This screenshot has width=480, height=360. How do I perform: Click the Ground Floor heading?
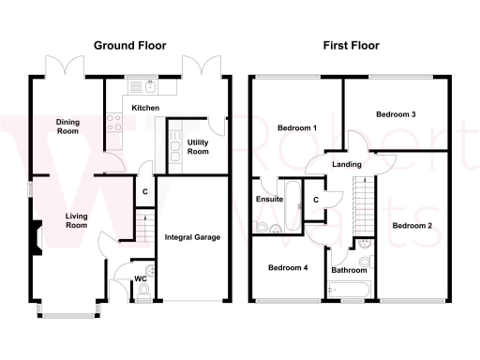coord(130,44)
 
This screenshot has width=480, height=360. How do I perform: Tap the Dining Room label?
coord(66,127)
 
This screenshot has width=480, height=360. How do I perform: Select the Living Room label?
coord(76,221)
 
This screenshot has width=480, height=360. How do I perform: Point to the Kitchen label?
coord(145,109)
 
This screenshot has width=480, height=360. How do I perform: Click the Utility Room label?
coord(198,146)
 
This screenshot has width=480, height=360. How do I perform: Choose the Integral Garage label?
coord(192,237)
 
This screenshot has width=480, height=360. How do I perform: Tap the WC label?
coord(141,278)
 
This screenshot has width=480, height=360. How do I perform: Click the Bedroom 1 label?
coord(296,127)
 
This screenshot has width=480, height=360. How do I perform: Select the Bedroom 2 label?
coord(412,225)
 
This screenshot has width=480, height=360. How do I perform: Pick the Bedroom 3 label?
coord(396,114)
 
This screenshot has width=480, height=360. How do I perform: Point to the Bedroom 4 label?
coord(288,267)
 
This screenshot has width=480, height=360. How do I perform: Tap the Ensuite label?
coord(270,199)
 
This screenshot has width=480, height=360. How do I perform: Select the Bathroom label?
coord(349,271)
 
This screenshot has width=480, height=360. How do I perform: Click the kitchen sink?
coord(146,89)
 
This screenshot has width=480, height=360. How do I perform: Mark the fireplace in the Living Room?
coord(35,238)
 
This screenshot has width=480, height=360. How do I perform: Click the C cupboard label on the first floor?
coord(315,199)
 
